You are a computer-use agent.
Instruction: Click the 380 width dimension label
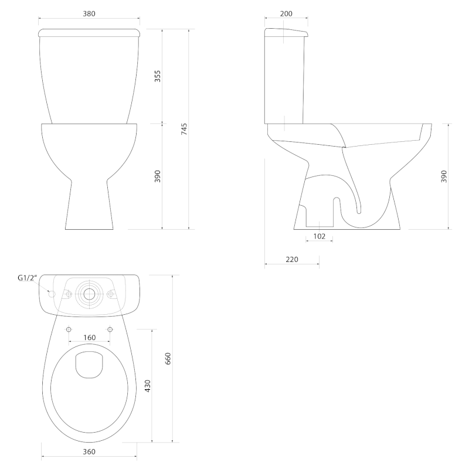coord(89,13)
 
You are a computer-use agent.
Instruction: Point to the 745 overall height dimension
coord(184,128)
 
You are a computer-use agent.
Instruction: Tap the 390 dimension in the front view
coord(158,176)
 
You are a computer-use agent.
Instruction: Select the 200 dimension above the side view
coord(286,13)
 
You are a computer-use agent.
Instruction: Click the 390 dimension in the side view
coord(444,176)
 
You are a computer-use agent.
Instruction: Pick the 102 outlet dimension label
coord(319,236)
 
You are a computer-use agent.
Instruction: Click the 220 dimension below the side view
coord(292,259)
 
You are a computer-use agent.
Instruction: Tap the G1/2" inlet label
coord(27,278)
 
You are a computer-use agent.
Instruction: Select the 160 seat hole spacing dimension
coord(89,337)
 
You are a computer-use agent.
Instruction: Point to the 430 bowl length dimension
coord(148,385)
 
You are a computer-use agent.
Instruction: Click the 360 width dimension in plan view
coord(89,451)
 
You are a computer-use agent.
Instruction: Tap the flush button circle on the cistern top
coord(89,294)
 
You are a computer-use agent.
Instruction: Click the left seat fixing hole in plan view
coord(69,329)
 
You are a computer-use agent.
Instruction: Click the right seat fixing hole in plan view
coord(110,329)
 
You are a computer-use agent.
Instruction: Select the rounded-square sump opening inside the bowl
coord(89,363)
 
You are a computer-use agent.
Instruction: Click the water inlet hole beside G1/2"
coord(50,294)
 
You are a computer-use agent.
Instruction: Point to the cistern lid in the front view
coord(89,32)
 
